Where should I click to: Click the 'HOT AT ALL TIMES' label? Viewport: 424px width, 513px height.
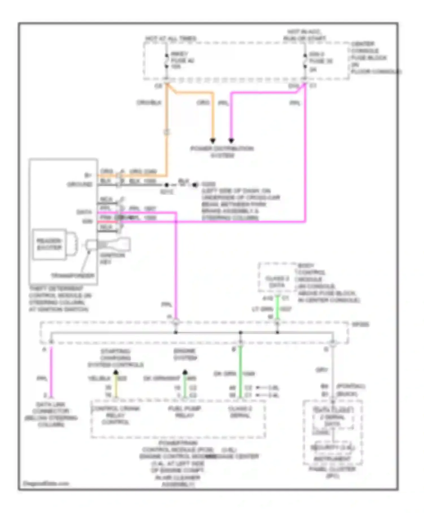pos(171,38)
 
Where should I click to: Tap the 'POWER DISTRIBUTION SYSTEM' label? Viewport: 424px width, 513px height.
pos(222,152)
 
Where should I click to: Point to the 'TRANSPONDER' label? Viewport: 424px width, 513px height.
pos(73,276)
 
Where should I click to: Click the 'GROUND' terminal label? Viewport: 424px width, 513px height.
pos(80,185)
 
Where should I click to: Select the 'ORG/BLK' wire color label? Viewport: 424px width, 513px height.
pos(149,103)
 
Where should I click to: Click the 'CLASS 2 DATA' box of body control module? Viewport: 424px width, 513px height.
pos(277,282)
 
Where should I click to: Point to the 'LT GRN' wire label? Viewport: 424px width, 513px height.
pos(263,309)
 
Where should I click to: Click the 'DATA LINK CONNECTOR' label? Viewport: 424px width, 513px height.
pos(51,414)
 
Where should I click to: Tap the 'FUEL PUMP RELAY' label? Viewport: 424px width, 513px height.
pos(185,412)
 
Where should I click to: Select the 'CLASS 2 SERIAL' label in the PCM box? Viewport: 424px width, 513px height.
pos(240,412)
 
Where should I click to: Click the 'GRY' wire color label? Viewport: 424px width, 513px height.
pos(321,370)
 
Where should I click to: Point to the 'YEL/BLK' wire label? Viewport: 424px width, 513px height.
pos(99,378)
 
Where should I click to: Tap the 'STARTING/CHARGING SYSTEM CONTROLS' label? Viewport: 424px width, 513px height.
pos(115,358)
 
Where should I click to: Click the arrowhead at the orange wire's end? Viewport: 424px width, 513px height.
pos(213,141)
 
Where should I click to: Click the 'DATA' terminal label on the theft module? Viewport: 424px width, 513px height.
pos(84,212)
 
